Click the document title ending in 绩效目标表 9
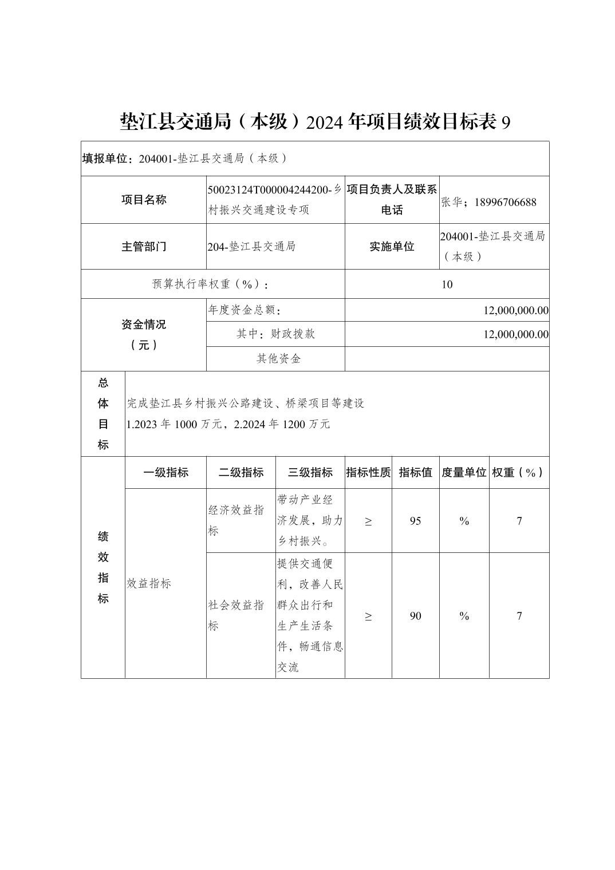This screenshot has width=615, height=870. pos(314,122)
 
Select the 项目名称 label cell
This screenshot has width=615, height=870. pos(144,200)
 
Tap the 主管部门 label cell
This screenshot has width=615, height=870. pos(144,247)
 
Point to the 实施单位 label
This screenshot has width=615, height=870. pos(392,247)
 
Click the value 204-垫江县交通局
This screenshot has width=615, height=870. pos(252,247)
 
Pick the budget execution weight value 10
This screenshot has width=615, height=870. pos(447,284)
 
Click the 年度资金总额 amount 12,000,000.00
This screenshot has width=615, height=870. pos(515,310)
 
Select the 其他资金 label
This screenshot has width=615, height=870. pos(278,359)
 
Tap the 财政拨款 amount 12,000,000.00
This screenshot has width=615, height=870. pos(515,334)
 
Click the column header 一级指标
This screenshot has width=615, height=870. pos(165,473)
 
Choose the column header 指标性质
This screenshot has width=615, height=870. pos(368,473)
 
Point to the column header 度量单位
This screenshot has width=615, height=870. pos(464,473)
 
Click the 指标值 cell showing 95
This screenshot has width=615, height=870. pos(416,521)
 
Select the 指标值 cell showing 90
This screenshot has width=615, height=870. pos(416,616)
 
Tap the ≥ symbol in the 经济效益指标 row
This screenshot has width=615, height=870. pos(368,521)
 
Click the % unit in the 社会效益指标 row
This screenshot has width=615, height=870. pos(464,616)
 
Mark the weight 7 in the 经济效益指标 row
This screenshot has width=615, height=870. pos(519,521)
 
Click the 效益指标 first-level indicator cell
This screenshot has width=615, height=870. pos(149,584)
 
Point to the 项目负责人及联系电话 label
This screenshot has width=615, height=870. pos(392,200)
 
